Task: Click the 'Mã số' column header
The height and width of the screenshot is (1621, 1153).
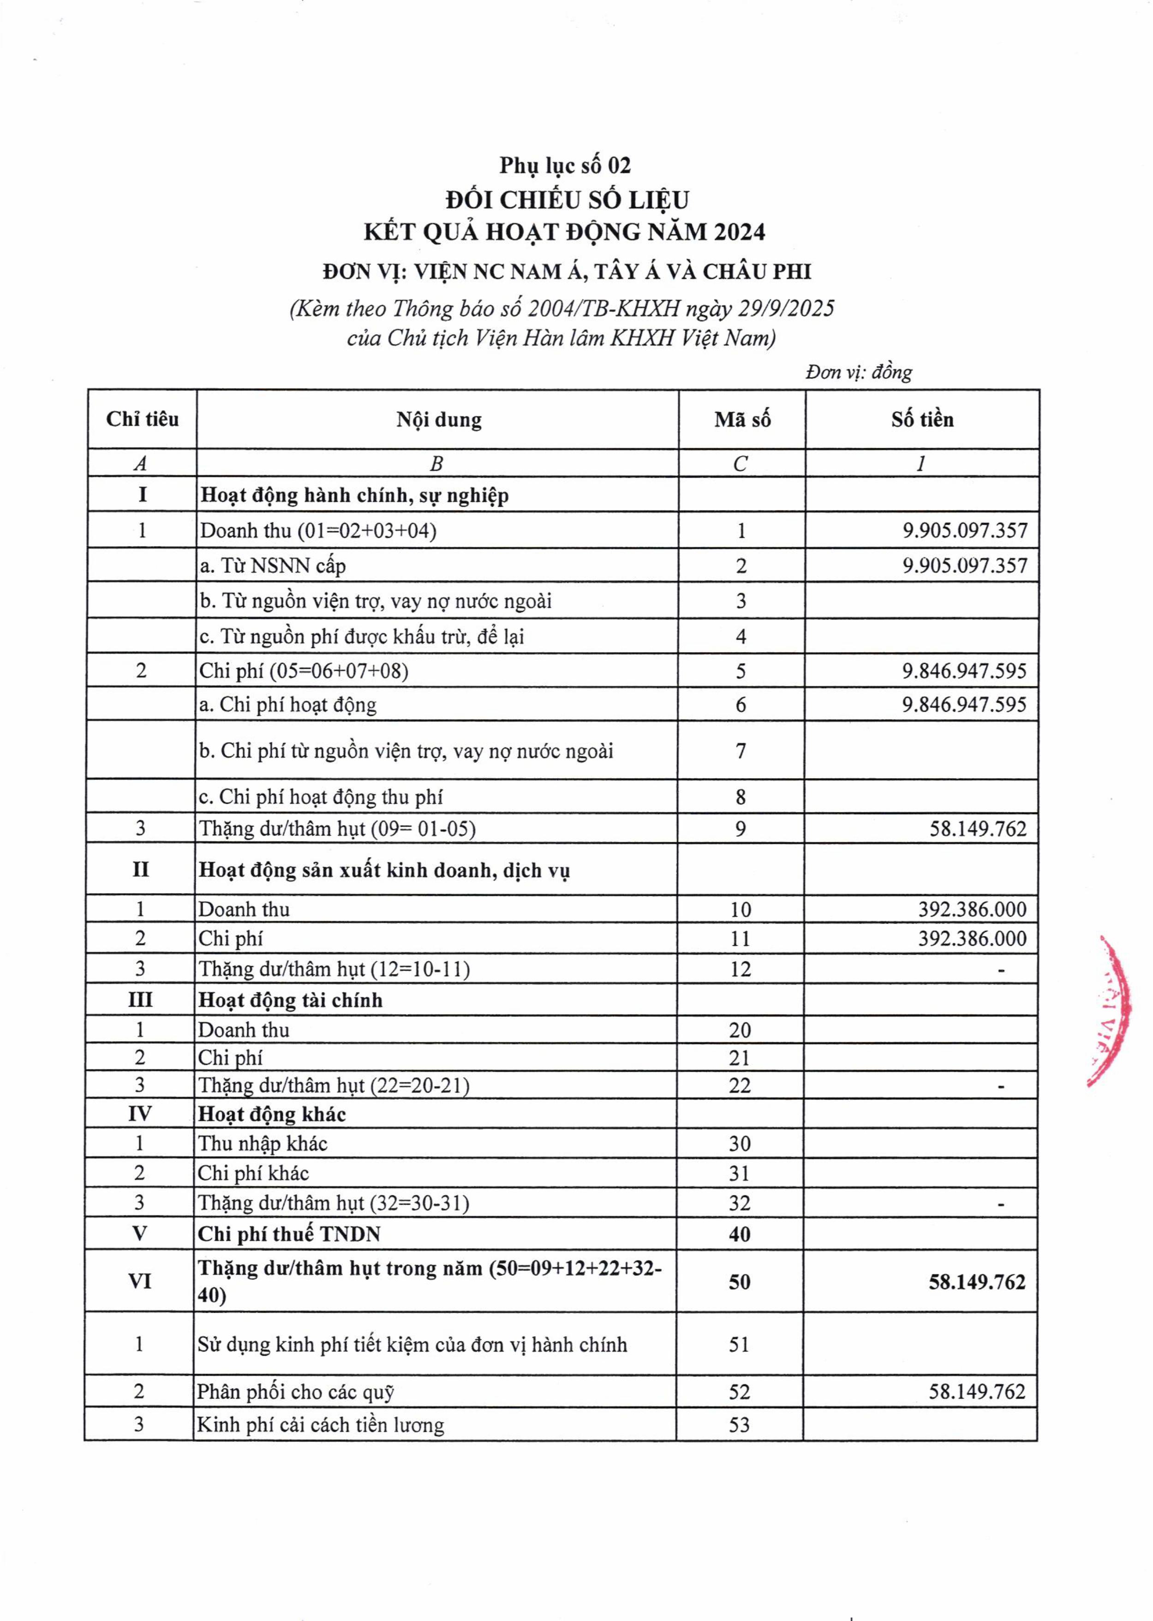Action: pos(742,420)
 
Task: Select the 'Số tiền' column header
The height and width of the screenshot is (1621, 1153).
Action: pos(922,420)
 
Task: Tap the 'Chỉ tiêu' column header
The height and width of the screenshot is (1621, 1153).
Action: pos(142,419)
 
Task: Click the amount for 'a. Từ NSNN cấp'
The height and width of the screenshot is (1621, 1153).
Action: pos(965,566)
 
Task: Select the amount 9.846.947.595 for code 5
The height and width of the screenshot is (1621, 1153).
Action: pos(964,671)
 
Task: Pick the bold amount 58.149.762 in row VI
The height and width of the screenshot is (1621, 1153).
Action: pos(977,1282)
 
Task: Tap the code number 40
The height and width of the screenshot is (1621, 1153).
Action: pos(739,1234)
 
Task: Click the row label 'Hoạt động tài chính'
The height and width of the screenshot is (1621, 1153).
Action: pos(290,1001)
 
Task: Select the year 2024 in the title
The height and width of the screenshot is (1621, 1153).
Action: pos(740,232)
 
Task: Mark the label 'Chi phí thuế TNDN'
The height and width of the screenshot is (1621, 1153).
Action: pos(289,1234)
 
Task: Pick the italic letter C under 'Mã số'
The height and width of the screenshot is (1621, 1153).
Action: pos(741,464)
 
